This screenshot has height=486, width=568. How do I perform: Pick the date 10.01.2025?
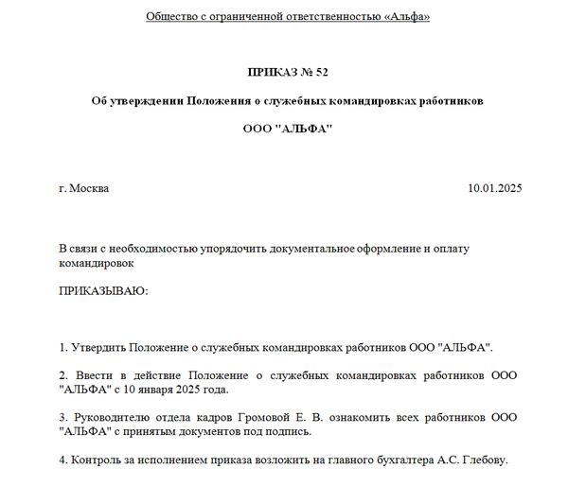click(x=494, y=188)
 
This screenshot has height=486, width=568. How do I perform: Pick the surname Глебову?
click(x=485, y=460)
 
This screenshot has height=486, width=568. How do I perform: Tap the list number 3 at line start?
click(x=62, y=417)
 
